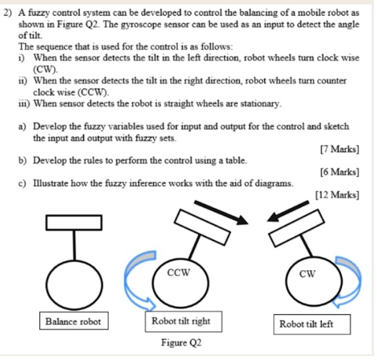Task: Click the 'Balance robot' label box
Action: point(74,321)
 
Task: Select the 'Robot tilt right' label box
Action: point(180,321)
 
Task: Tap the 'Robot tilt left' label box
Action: point(306,324)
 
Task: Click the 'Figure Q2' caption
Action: point(181,343)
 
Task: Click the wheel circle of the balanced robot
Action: point(74,283)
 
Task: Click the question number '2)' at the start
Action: point(8,13)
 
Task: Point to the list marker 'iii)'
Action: point(25,103)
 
